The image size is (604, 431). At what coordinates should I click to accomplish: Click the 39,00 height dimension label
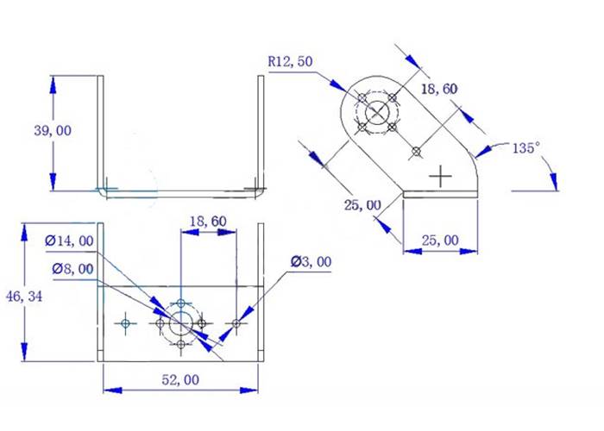(x=53, y=130)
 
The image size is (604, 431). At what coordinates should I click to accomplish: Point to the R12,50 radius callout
(x=291, y=62)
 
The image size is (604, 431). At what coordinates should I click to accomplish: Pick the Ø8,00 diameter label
(x=71, y=268)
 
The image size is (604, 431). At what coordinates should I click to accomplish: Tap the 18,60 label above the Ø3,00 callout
(x=207, y=222)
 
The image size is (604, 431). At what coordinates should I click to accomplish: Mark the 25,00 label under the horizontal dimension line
(x=440, y=240)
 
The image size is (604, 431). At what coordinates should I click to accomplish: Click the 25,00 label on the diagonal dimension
(x=362, y=204)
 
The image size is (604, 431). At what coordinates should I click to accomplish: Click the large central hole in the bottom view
(x=181, y=324)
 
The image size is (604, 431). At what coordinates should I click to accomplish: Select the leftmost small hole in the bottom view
(x=126, y=323)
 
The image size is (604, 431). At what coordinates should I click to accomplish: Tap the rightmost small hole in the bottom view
(x=236, y=323)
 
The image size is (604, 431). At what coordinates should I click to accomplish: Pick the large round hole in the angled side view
(x=377, y=112)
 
